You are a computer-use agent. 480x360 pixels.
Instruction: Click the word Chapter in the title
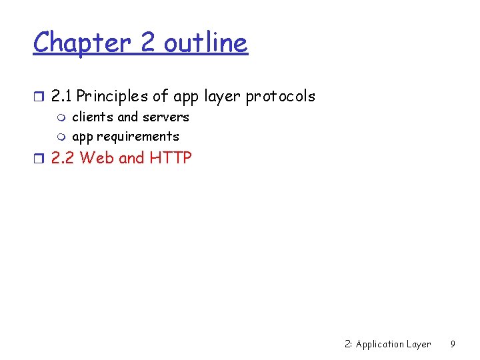click(83, 43)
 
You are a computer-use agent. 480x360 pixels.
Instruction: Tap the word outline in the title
click(205, 43)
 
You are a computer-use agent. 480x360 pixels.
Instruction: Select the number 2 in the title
click(147, 43)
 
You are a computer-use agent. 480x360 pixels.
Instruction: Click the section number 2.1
click(62, 96)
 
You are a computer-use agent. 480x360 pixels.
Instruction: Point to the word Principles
click(113, 96)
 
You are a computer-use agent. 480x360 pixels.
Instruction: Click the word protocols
click(281, 96)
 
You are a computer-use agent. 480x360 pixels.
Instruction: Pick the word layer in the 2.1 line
click(223, 97)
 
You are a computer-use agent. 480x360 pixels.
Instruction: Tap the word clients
click(93, 117)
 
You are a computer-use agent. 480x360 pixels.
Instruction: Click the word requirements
click(138, 137)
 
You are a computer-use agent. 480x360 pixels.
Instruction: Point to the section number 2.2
click(63, 158)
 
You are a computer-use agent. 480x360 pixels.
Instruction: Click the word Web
click(97, 158)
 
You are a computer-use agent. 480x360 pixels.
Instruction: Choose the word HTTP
click(170, 158)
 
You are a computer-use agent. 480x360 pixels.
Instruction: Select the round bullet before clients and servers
click(62, 118)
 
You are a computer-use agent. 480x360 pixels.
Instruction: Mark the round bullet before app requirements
click(62, 137)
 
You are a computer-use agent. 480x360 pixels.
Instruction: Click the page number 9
click(453, 344)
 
